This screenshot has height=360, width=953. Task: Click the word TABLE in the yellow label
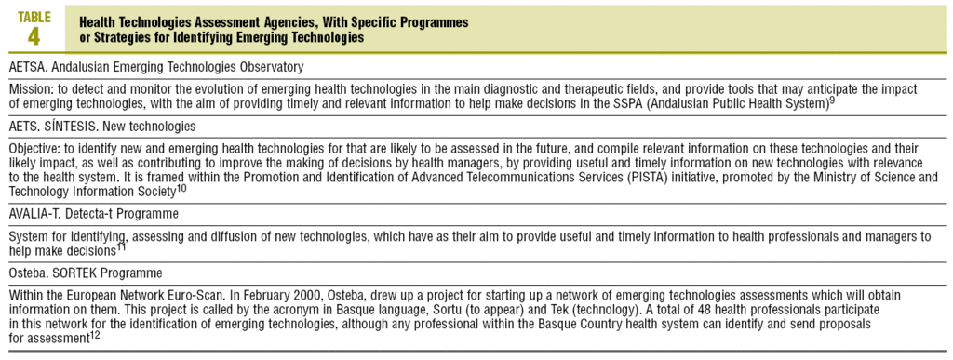point(34,17)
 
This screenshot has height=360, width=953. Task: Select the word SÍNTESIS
point(76,126)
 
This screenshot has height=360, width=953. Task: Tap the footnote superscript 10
point(181,187)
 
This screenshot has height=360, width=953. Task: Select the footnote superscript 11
point(122,247)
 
